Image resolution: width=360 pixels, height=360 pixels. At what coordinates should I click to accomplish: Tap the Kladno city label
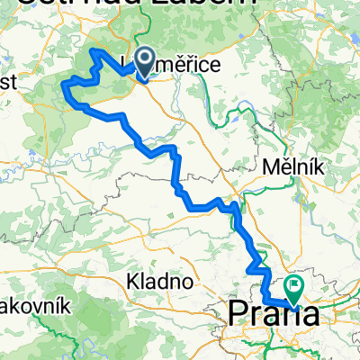point(162,281)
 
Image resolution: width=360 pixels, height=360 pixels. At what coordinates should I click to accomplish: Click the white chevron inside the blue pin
point(144,60)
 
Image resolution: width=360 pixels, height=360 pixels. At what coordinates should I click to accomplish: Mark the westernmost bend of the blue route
point(61,85)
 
